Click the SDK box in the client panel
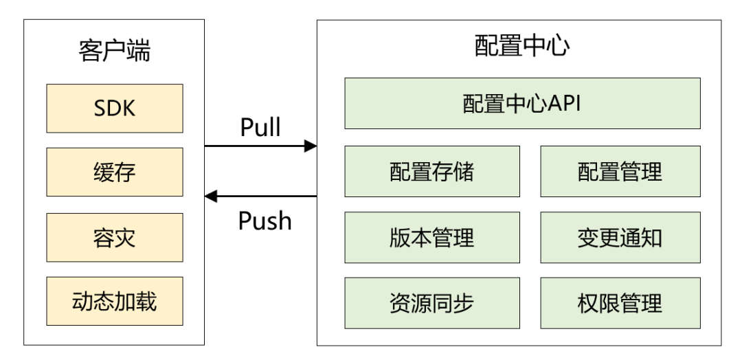point(115,108)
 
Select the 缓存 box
point(115,172)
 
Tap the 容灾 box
point(115,237)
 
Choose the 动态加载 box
point(115,302)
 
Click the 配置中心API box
point(522,104)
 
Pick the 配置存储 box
point(432,170)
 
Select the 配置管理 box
point(620,170)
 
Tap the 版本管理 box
point(432,237)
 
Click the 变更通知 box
point(620,237)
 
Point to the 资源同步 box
point(432,302)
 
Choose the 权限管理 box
point(620,302)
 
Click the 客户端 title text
point(115,52)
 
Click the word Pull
point(260,128)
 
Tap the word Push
point(265,221)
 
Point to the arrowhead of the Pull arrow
point(311,146)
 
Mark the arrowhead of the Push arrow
point(211,197)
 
